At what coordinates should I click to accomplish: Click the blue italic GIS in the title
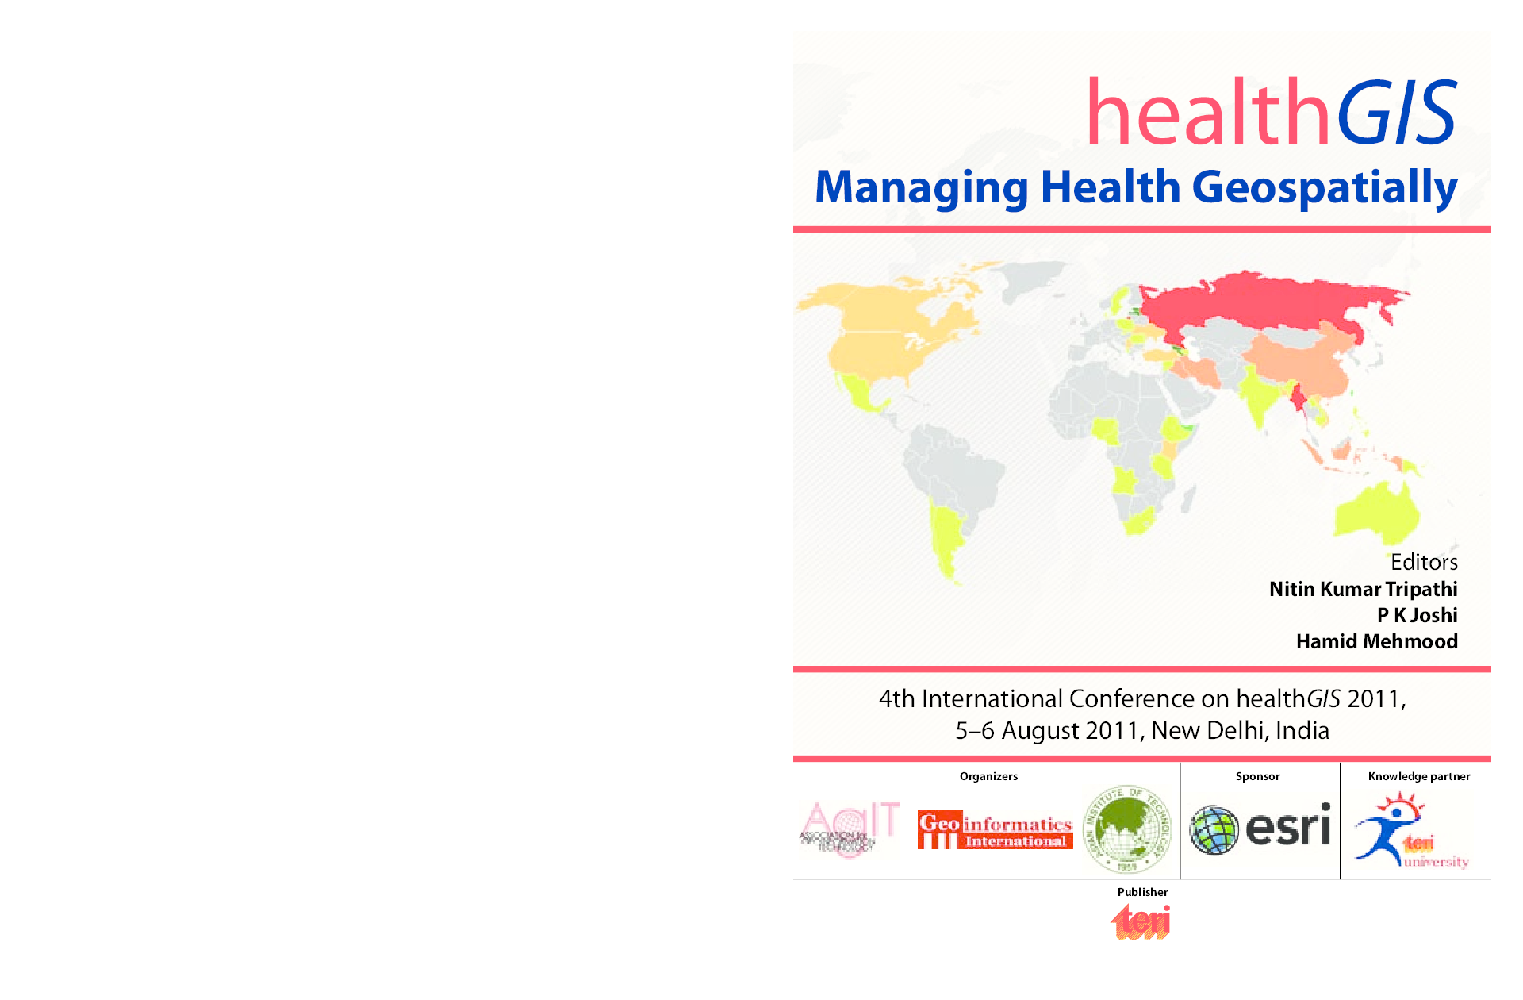click(1397, 113)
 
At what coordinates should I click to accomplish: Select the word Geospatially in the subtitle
click(1324, 187)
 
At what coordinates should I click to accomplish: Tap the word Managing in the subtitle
click(921, 187)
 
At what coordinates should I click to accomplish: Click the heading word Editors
click(1424, 562)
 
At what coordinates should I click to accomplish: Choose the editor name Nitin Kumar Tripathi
click(1363, 589)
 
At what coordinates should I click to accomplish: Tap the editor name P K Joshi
click(1417, 615)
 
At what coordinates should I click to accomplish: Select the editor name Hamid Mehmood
click(1376, 641)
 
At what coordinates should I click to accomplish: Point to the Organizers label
click(988, 776)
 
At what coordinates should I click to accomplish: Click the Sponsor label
click(1257, 776)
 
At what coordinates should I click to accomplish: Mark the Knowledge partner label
click(1418, 776)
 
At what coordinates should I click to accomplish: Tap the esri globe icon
click(1214, 829)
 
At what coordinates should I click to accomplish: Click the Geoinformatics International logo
click(995, 829)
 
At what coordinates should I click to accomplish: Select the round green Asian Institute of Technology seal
click(1127, 829)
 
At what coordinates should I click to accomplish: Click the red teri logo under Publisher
click(1141, 922)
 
